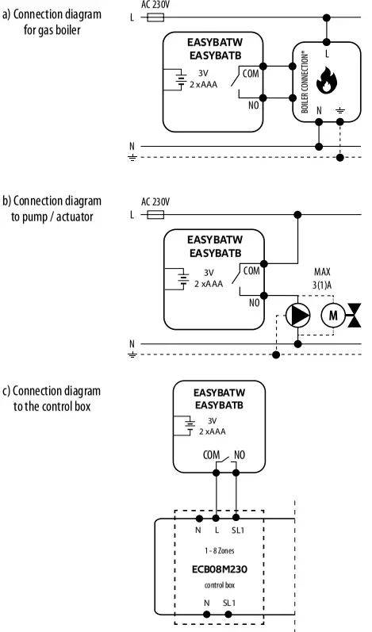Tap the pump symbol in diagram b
pyautogui.click(x=298, y=315)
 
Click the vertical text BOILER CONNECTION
pyautogui.click(x=305, y=83)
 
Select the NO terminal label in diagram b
pyautogui.click(x=254, y=302)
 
